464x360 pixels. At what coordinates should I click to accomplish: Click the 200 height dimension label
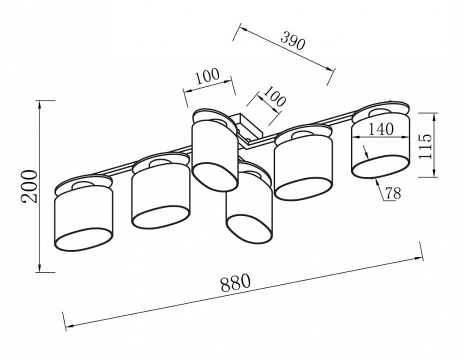(x=30, y=186)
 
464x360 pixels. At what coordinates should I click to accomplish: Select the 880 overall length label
(x=235, y=282)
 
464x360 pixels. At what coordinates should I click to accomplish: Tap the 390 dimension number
(x=292, y=41)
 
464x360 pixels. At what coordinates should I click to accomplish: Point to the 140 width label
(x=381, y=129)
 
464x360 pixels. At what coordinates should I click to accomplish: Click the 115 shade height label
(x=425, y=146)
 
